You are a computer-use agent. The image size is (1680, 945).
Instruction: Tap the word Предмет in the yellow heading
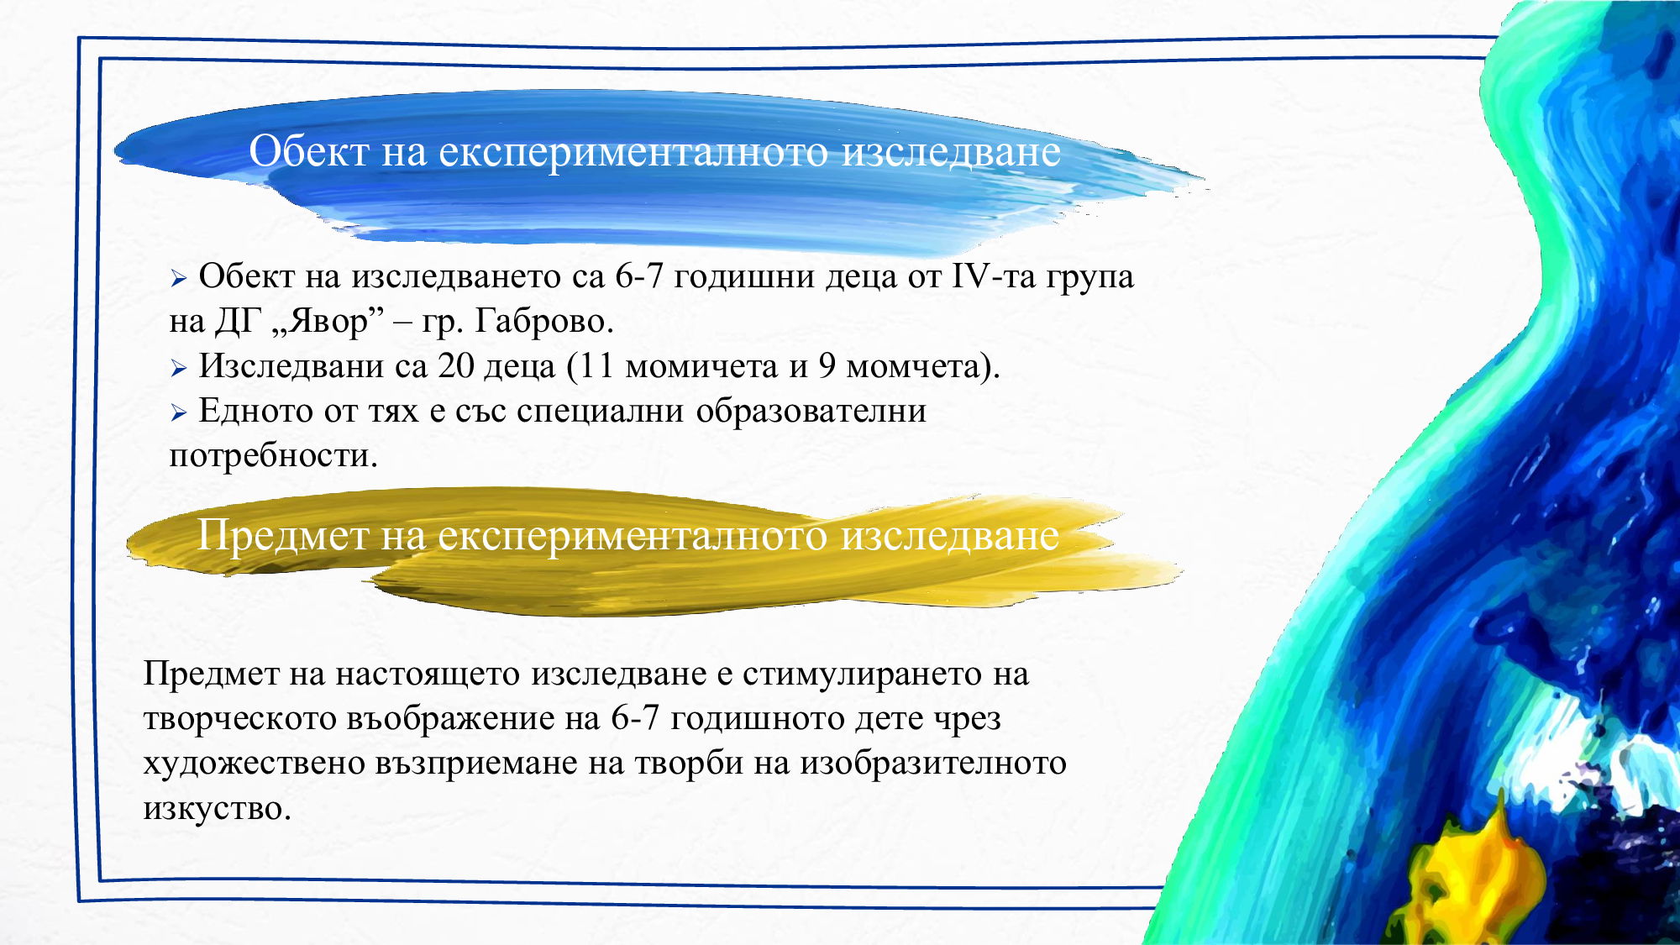pos(282,535)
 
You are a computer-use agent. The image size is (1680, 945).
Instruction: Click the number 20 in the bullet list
pos(455,366)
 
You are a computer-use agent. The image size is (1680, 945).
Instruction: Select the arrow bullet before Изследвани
pos(178,368)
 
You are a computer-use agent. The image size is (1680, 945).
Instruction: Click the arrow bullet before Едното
pos(178,412)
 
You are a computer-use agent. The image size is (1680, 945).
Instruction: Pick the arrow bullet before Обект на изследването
pos(178,279)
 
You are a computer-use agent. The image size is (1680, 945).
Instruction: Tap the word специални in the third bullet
pos(600,412)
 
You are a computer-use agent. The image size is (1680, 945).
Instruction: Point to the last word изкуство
pos(216,808)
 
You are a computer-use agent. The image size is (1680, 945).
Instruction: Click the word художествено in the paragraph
pos(254,764)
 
